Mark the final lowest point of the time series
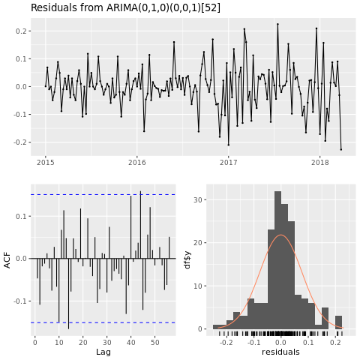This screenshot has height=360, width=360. [x=340, y=149]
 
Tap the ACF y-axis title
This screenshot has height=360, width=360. [x=7, y=259]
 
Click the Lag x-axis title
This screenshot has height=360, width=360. [x=103, y=351]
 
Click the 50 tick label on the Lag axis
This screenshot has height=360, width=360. [x=154, y=341]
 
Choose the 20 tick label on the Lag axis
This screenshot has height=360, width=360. [x=82, y=341]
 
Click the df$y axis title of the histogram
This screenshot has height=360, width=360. [x=187, y=259]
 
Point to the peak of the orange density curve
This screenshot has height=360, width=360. [x=280, y=235]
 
